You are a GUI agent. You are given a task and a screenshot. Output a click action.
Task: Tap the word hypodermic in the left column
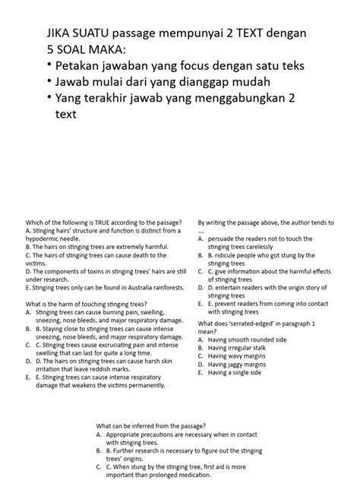point(44,238)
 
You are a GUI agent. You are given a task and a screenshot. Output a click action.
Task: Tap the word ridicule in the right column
point(232,254)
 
